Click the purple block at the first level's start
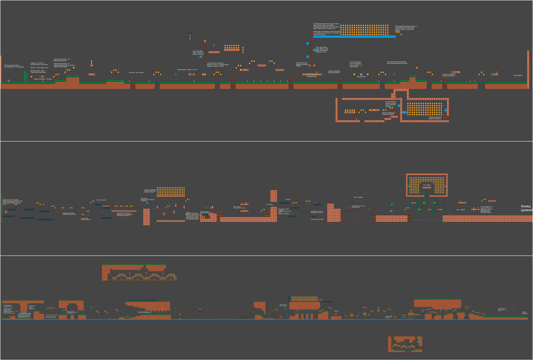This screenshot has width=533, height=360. point(9,81)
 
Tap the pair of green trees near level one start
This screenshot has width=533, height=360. point(26,76)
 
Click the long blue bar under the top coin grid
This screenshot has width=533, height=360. point(354,37)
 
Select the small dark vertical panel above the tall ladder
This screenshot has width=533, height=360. point(190,37)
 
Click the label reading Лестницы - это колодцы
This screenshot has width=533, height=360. point(136,72)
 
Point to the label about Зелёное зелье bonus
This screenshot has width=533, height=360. point(187,70)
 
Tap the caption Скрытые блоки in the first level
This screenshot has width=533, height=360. point(312,77)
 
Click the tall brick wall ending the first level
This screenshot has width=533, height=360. point(528,69)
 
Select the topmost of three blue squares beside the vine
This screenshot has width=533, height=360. point(308,43)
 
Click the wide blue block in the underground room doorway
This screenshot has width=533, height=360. point(404,112)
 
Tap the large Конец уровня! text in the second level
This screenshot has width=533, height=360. point(526,208)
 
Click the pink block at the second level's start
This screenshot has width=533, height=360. point(6,212)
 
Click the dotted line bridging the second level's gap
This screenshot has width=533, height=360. point(425,220)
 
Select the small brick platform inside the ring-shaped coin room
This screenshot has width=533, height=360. point(427,188)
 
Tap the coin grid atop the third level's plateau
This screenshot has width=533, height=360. point(305,299)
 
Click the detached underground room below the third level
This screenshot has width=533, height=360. point(405,344)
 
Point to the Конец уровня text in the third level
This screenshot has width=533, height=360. point(524,313)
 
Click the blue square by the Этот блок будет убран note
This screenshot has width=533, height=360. point(201,57)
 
